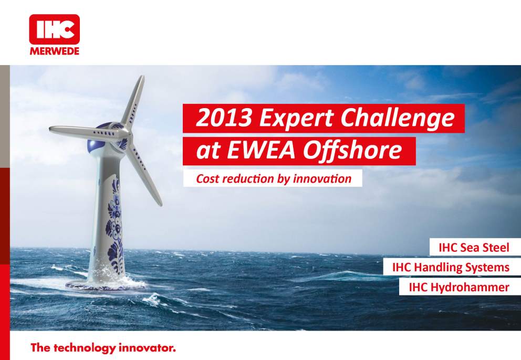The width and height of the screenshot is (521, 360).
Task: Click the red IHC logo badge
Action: pos(55,30)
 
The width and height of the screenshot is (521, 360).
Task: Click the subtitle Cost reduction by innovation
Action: pos(273,178)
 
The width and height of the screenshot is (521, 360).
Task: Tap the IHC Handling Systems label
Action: pos(451,268)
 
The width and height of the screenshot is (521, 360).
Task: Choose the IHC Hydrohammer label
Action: pos(459,287)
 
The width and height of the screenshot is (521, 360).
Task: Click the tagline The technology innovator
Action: pos(102,347)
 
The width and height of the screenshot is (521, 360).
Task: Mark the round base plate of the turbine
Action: pos(105,286)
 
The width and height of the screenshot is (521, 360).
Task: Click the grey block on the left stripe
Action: pos(4,115)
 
